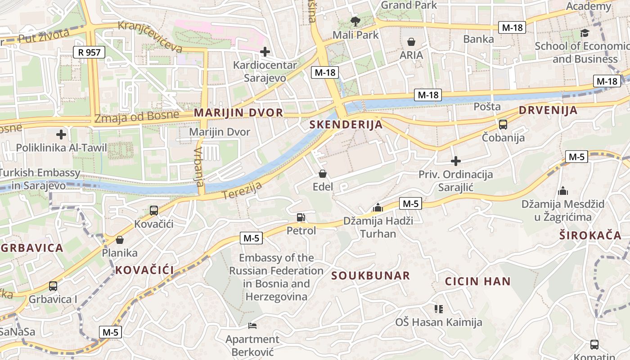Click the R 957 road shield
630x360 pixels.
(89, 52)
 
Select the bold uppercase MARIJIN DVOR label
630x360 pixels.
(238, 112)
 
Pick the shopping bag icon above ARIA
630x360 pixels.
(411, 42)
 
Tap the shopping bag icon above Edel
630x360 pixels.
(322, 174)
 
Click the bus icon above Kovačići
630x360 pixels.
(154, 210)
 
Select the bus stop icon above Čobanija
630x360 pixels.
(503, 125)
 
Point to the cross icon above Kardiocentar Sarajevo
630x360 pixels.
(265, 52)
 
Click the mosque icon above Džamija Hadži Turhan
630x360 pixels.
(378, 207)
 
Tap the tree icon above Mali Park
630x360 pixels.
(355, 21)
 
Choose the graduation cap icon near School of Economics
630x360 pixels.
(585, 33)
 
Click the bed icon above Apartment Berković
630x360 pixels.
(252, 326)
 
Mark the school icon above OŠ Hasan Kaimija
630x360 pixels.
(439, 309)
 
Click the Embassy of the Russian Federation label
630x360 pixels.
(276, 277)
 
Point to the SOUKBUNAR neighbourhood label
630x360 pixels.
(371, 275)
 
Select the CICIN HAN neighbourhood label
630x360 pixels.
(478, 282)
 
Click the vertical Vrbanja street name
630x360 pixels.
(199, 167)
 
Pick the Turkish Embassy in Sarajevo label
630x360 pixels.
(40, 179)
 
